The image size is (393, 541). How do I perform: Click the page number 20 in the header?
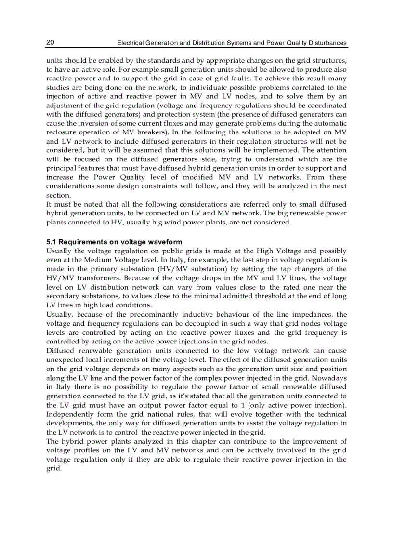point(50,43)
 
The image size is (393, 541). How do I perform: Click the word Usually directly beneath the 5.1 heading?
point(58,251)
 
